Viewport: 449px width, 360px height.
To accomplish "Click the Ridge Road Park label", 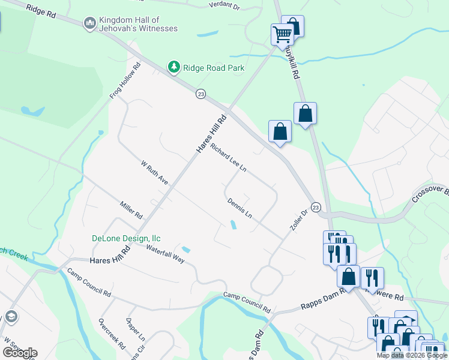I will click(214, 68).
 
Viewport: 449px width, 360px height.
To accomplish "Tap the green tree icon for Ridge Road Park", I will click(174, 67).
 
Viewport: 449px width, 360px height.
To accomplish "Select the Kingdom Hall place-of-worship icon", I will click(90, 23).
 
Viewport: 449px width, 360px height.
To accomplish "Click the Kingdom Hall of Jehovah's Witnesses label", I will click(139, 24).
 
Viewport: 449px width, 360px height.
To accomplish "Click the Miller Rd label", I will click(131, 210).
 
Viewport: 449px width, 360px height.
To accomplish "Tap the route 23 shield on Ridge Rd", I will click(200, 94).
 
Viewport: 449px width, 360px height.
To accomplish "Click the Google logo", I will click(19, 352).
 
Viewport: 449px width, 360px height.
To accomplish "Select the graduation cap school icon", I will click(10, 316).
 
